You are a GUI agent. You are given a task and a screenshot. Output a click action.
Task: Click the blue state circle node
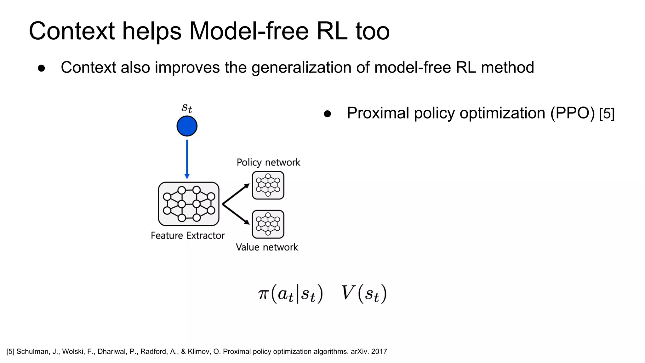187,126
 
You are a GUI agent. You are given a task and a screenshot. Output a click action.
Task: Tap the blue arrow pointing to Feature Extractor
187,159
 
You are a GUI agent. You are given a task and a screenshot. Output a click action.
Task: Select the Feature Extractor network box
189,204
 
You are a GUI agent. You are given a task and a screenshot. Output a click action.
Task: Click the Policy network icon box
268,185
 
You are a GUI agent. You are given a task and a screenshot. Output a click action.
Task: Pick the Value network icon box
268,224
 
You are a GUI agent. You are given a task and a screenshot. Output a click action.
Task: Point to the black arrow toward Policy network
236,194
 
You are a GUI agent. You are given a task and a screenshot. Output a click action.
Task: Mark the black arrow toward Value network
236,214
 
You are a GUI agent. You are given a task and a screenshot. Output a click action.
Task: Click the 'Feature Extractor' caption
188,235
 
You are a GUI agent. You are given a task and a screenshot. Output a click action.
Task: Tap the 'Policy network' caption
268,162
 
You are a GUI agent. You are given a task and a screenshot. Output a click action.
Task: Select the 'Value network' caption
267,247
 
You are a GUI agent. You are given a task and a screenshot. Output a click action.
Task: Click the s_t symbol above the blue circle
187,108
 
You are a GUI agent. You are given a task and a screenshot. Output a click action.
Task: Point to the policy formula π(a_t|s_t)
290,294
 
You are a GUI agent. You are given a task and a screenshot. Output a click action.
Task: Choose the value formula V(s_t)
364,294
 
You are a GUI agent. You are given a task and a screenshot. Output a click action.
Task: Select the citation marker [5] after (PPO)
607,114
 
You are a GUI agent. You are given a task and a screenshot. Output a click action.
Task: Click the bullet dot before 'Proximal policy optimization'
327,114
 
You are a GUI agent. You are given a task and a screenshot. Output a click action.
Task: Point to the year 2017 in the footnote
379,352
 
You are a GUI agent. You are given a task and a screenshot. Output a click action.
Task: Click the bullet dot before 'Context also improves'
41,68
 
